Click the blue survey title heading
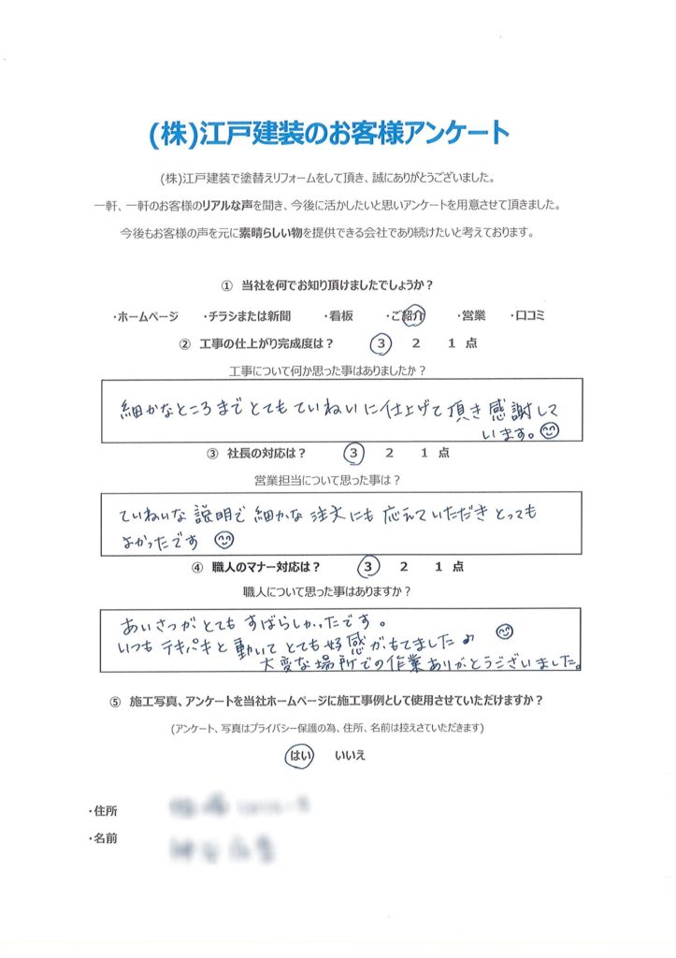click(329, 134)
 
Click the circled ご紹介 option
click(409, 316)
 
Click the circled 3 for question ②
click(379, 344)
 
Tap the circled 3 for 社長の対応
click(353, 454)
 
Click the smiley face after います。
click(550, 430)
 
